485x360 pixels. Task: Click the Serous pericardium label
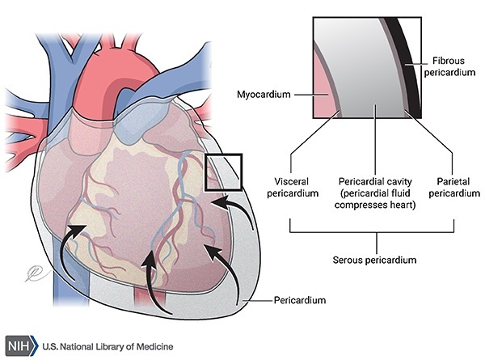[x=378, y=260]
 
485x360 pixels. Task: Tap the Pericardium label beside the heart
[x=298, y=300]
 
